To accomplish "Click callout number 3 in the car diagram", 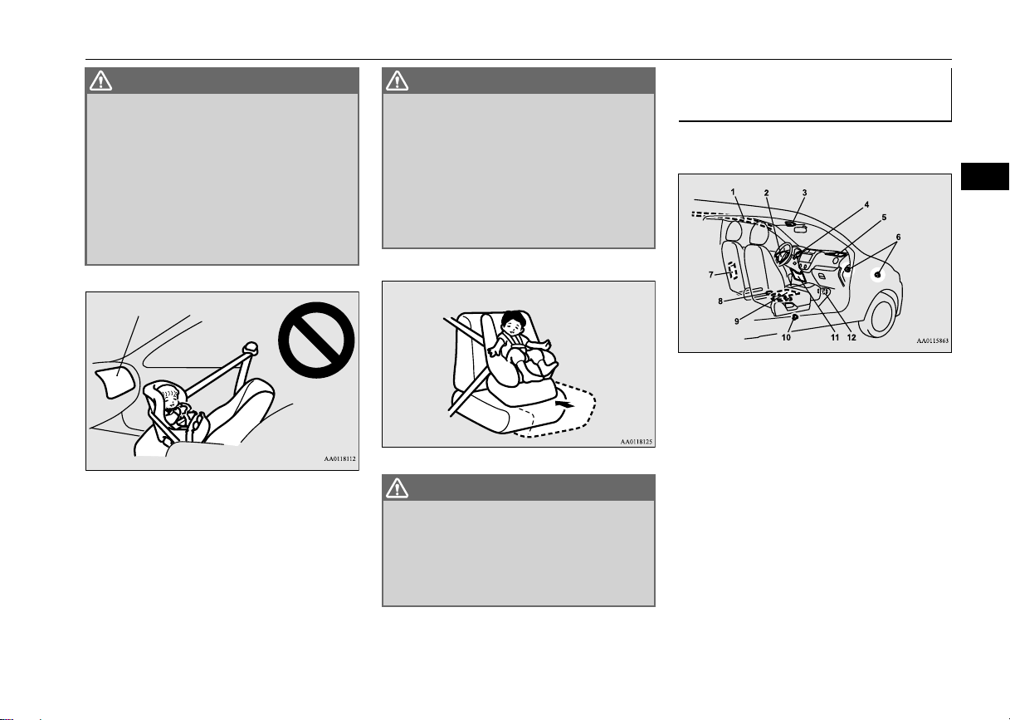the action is pyautogui.click(x=804, y=193).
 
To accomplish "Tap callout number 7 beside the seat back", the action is pyautogui.click(x=711, y=274).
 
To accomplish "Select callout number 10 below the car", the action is pyautogui.click(x=786, y=337).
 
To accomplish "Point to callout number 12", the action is pyautogui.click(x=851, y=337).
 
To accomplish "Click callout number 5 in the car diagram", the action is pyautogui.click(x=884, y=218).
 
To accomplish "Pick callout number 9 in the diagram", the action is pyautogui.click(x=737, y=321).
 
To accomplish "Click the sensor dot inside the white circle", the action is pyautogui.click(x=877, y=275).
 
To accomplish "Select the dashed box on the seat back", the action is pyautogui.click(x=732, y=270).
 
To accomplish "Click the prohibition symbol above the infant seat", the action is pyautogui.click(x=316, y=340).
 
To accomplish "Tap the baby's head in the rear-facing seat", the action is pyautogui.click(x=170, y=395).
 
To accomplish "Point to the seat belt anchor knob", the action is pyautogui.click(x=250, y=347).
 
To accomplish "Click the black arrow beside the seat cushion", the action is pyautogui.click(x=566, y=404).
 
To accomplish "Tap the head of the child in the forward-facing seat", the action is pyautogui.click(x=514, y=322).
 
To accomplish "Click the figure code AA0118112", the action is pyautogui.click(x=340, y=458).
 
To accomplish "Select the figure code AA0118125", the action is pyautogui.click(x=637, y=442).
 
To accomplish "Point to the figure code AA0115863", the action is pyautogui.click(x=933, y=340).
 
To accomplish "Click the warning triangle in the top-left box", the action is pyautogui.click(x=100, y=81).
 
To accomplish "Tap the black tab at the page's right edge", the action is pyautogui.click(x=985, y=176).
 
